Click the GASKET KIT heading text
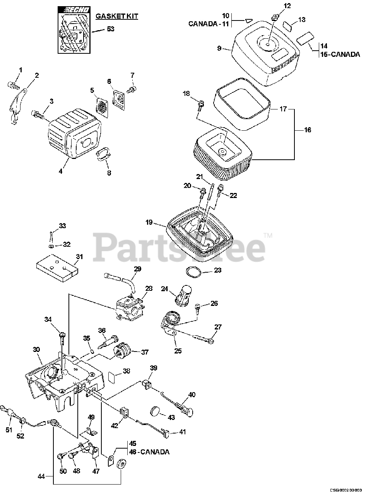(x=117, y=16)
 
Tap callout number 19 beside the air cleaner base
(x=150, y=222)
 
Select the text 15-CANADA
(x=340, y=55)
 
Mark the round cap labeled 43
(x=156, y=411)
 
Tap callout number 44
(x=41, y=476)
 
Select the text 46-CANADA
(x=149, y=452)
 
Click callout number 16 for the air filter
(x=307, y=130)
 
